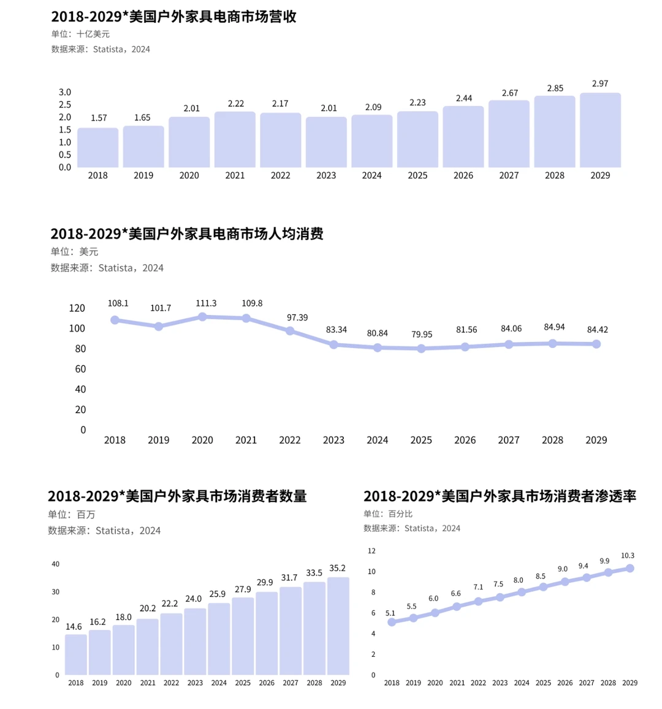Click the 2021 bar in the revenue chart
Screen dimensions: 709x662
pyautogui.click(x=235, y=140)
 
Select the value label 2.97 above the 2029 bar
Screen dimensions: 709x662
pyautogui.click(x=600, y=83)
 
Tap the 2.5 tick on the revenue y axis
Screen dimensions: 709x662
pyautogui.click(x=65, y=105)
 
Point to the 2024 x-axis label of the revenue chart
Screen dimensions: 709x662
pyautogui.click(x=371, y=175)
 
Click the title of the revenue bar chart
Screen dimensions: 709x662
pyautogui.click(x=173, y=17)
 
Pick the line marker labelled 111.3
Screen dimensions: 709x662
pyautogui.click(x=202, y=317)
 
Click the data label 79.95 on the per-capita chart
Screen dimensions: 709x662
pyautogui.click(x=421, y=335)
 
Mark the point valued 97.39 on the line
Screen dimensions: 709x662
pyautogui.click(x=290, y=331)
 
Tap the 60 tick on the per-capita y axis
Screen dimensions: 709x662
pyautogui.click(x=80, y=369)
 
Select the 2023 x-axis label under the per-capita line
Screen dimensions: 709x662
pyautogui.click(x=333, y=440)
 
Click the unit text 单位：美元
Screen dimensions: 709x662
pyautogui.click(x=74, y=252)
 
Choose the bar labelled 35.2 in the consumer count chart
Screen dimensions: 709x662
pyautogui.click(x=338, y=626)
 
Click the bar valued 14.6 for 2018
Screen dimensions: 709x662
pyautogui.click(x=75, y=654)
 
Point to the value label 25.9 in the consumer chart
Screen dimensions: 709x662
pyautogui.click(x=219, y=594)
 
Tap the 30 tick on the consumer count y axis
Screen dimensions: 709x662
pyautogui.click(x=56, y=592)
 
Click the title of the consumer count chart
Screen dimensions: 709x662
pyautogui.click(x=177, y=496)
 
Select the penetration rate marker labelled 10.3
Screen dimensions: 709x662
pyautogui.click(x=630, y=569)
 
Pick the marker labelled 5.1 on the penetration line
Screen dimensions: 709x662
pyautogui.click(x=392, y=622)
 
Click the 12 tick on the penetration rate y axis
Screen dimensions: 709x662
pyautogui.click(x=371, y=551)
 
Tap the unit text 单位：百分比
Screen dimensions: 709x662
pyautogui.click(x=388, y=514)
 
